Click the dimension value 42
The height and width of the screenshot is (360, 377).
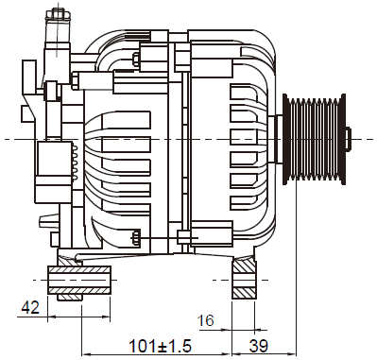click(30, 307)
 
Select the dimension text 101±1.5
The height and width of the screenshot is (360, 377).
click(161, 346)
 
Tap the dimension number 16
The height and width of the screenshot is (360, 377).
click(205, 320)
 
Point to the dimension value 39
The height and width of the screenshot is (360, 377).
click(259, 346)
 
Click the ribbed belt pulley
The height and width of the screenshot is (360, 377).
click(314, 139)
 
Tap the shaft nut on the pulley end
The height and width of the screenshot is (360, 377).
click(348, 139)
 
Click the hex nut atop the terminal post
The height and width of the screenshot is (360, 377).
click(58, 14)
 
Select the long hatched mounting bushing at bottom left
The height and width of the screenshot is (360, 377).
click(79, 280)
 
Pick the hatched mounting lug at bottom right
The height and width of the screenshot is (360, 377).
click(244, 279)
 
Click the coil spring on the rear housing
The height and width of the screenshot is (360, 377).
click(75, 163)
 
